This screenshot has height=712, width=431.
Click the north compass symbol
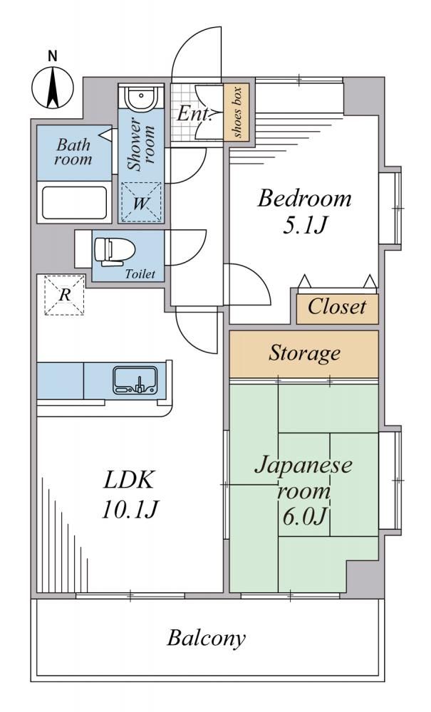coord(53,88)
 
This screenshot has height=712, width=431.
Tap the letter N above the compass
coord(53,56)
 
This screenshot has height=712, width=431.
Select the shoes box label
coord(237,112)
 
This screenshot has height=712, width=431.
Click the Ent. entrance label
coord(194,113)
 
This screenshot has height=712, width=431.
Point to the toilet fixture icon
coord(115,251)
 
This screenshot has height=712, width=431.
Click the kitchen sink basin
coord(135,380)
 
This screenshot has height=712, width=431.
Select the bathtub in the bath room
coord(75,202)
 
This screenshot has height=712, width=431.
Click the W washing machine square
coord(141,202)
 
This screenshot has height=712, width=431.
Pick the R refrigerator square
coord(65,295)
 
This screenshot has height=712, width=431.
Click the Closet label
coord(336,307)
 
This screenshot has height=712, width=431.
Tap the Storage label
coord(304,353)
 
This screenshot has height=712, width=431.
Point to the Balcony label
coord(206,638)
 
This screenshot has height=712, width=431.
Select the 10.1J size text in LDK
coord(130,511)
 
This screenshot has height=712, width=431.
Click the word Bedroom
coord(304,199)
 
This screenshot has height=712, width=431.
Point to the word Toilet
coord(140,274)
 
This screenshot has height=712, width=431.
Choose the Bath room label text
coord(73,152)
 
